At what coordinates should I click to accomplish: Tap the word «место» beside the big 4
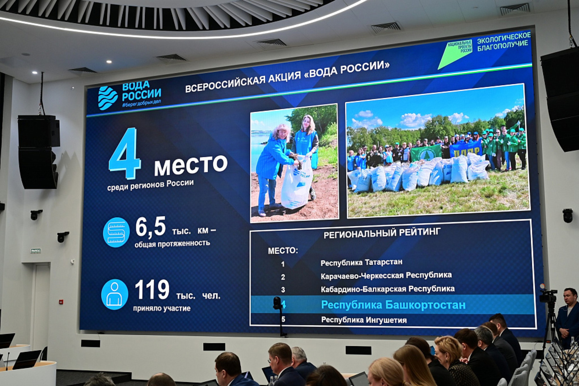tap(190, 164)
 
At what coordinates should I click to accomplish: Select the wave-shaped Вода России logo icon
tap(107, 98)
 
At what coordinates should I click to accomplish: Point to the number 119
tap(152, 290)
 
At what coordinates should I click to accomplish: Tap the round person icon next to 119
tap(114, 294)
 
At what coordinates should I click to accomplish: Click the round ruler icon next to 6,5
tap(116, 232)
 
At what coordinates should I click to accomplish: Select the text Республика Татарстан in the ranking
tap(361, 263)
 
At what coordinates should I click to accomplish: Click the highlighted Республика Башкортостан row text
tap(393, 305)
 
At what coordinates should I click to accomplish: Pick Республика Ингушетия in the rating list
tap(364, 320)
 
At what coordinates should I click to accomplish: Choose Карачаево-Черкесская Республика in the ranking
tap(386, 276)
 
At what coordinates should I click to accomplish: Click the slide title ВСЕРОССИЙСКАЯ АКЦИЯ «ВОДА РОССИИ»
tap(287, 77)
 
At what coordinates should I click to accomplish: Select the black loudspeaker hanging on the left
tap(38, 152)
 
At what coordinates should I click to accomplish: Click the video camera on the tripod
tap(548, 296)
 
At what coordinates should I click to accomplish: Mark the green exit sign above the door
tap(35, 251)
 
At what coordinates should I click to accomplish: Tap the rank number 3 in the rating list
tap(283, 290)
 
